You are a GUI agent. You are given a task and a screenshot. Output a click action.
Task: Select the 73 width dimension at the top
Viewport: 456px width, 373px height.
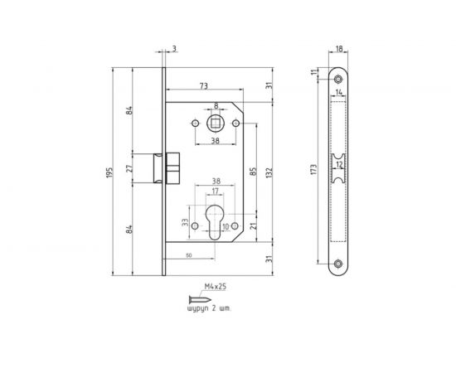203,85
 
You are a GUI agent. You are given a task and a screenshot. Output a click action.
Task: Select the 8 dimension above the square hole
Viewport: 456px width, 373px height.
216,106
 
